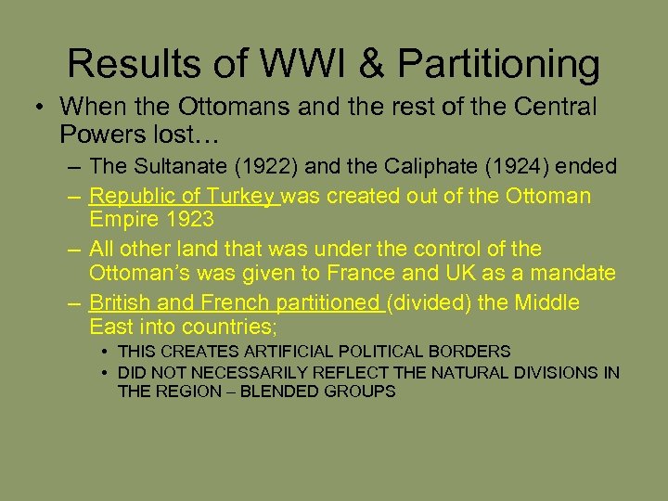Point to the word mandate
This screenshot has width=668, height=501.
coord(580,274)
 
